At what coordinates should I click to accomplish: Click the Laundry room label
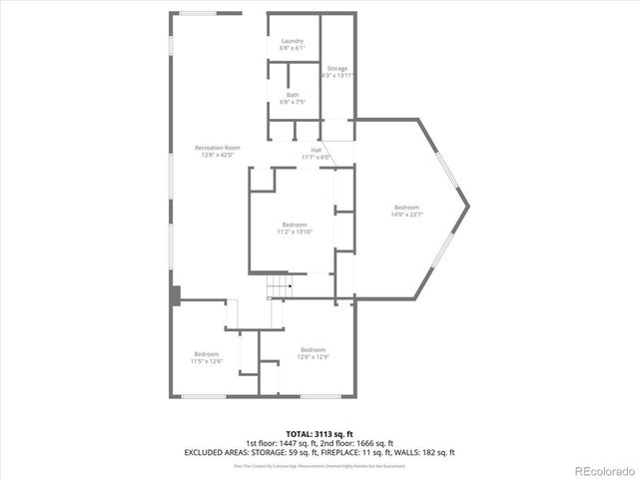click(x=293, y=41)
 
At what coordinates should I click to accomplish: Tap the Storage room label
click(x=337, y=69)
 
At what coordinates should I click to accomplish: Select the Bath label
click(x=293, y=95)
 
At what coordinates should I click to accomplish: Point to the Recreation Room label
click(x=217, y=148)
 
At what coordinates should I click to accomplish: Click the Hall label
click(x=316, y=151)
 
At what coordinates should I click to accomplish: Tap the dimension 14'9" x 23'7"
click(x=406, y=214)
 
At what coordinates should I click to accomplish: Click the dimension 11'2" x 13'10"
click(x=295, y=232)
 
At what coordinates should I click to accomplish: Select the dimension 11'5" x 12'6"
click(x=207, y=361)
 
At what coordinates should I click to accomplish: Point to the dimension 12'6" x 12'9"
click(x=314, y=356)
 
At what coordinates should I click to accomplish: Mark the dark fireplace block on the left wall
click(x=175, y=295)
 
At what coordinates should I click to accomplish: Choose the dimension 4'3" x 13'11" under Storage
click(x=337, y=76)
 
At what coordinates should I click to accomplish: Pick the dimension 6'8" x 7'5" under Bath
click(x=293, y=102)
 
